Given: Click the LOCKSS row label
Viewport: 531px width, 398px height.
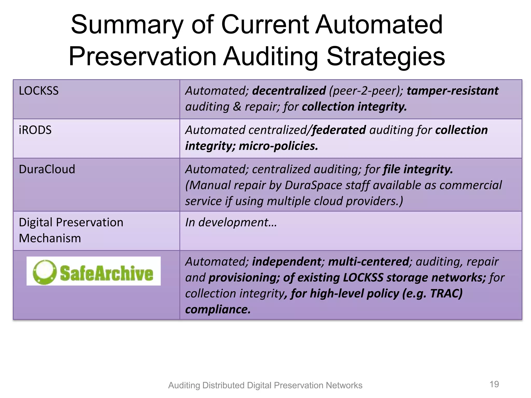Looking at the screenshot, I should pyautogui.click(x=39, y=91).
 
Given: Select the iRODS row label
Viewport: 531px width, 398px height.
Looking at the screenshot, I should pyautogui.click(x=35, y=130).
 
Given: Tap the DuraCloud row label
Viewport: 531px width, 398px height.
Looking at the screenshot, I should pyautogui.click(x=47, y=169).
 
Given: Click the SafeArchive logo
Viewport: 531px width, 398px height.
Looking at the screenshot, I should pyautogui.click(x=93, y=271).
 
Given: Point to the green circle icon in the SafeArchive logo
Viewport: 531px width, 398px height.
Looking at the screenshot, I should pyautogui.click(x=45, y=272).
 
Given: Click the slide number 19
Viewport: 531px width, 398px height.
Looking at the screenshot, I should pyautogui.click(x=494, y=384).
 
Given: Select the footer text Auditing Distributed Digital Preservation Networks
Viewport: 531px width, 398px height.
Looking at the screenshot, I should pyautogui.click(x=265, y=385).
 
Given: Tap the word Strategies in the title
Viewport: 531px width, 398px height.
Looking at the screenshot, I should pyautogui.click(x=386, y=56).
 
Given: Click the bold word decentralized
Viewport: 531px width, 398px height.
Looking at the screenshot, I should pyautogui.click(x=289, y=91).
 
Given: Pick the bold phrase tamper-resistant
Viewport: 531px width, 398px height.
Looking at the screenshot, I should pyautogui.click(x=452, y=91).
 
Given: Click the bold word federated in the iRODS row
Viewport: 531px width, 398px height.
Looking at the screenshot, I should pyautogui.click(x=339, y=130).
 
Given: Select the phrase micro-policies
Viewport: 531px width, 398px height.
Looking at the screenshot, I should pyautogui.click(x=278, y=146).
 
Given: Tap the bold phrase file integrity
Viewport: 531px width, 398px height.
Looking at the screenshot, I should pyautogui.click(x=418, y=169).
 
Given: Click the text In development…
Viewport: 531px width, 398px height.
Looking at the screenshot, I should pyautogui.click(x=231, y=223).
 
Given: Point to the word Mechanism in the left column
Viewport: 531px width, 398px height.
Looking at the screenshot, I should pyautogui.click(x=50, y=238).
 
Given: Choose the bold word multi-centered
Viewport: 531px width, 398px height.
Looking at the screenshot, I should pyautogui.click(x=369, y=262).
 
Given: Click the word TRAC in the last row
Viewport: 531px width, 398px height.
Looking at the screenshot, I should pyautogui.click(x=446, y=294).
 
